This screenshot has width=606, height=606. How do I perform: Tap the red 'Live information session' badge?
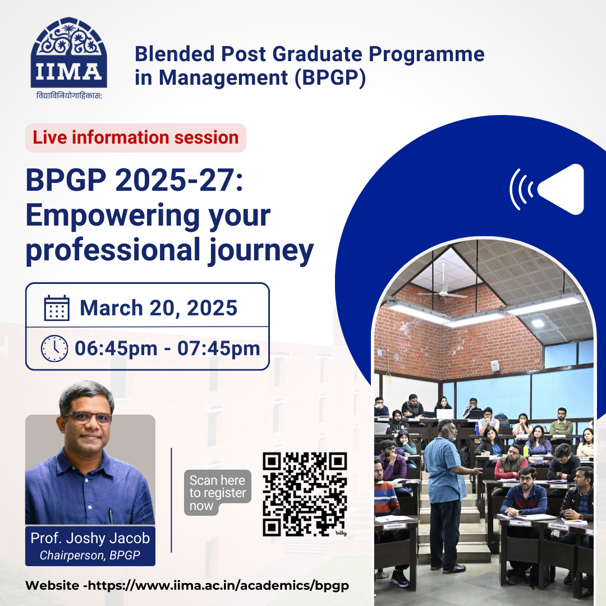(x=135, y=137)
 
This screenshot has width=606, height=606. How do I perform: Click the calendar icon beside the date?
(x=57, y=308)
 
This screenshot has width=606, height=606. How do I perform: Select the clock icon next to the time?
(x=54, y=348)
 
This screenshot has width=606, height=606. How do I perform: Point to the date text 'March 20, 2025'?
(x=158, y=308)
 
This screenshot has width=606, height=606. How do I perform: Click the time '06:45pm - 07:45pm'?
(x=167, y=348)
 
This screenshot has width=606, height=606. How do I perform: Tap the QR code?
(x=305, y=494)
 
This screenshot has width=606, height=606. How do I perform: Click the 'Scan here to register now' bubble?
(x=217, y=493)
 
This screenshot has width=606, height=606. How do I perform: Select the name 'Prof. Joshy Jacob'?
(x=90, y=538)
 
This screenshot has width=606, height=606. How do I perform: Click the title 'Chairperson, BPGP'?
(x=90, y=556)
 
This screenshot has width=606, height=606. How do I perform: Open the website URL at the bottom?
(x=187, y=585)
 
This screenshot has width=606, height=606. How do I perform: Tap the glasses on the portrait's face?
(x=88, y=418)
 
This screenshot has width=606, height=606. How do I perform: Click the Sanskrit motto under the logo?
(x=69, y=95)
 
